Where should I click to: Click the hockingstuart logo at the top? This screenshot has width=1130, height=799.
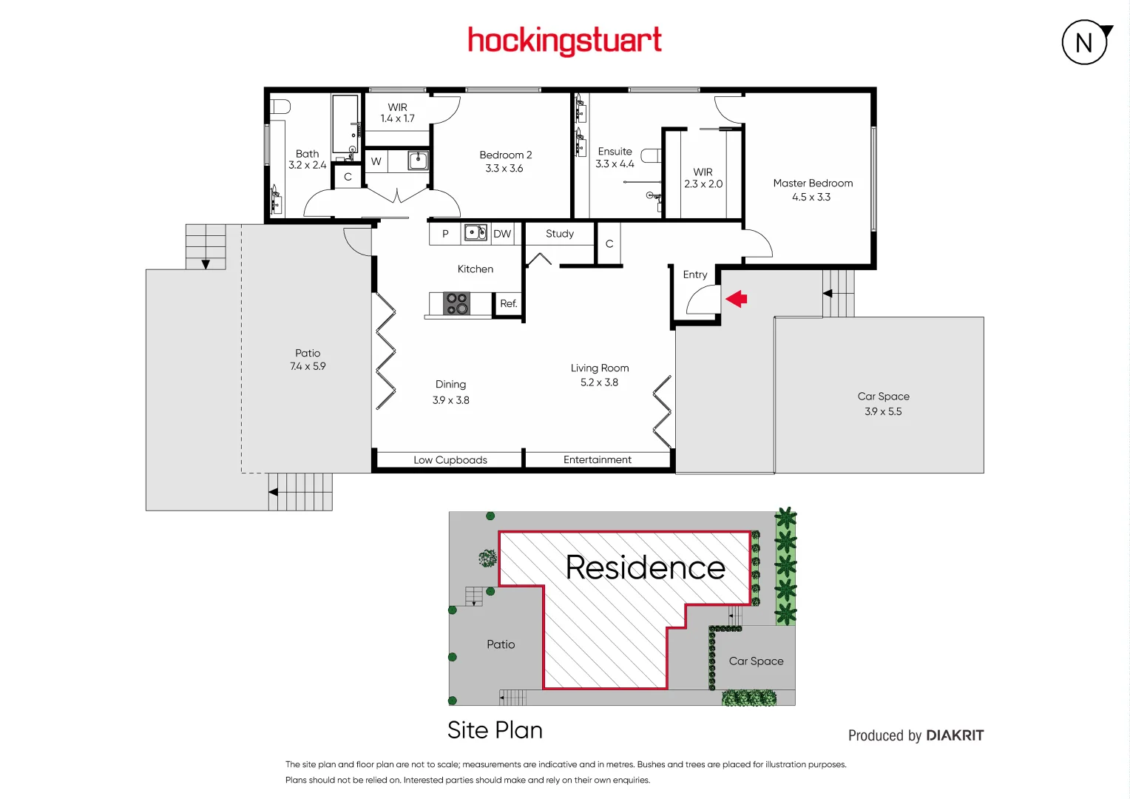[x=564, y=41]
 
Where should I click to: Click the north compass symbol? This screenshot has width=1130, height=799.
[x=1085, y=42]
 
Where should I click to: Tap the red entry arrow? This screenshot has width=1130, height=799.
[x=737, y=299]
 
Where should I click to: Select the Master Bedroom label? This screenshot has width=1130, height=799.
[x=813, y=183]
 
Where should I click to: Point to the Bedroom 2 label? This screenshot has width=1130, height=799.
[x=505, y=155]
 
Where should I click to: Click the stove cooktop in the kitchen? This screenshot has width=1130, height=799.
[x=456, y=303]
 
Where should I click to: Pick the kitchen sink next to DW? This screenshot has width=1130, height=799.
[x=475, y=233]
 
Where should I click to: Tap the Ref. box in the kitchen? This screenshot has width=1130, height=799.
[x=508, y=303]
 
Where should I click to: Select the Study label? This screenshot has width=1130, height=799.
[x=560, y=234]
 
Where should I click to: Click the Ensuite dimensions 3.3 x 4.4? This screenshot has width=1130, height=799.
[x=615, y=164]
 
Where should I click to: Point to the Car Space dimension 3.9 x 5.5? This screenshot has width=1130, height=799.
[x=883, y=411]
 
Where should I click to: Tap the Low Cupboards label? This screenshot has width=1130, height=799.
[x=450, y=460]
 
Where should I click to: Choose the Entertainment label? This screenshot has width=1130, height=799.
[x=598, y=460]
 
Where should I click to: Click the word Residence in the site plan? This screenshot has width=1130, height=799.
[x=645, y=567]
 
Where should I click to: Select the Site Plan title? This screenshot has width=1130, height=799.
[x=495, y=730]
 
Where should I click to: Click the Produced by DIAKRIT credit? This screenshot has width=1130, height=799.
[x=916, y=735]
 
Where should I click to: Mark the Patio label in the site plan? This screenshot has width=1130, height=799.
[x=501, y=644]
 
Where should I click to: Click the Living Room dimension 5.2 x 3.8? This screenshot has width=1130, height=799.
[x=599, y=382]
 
